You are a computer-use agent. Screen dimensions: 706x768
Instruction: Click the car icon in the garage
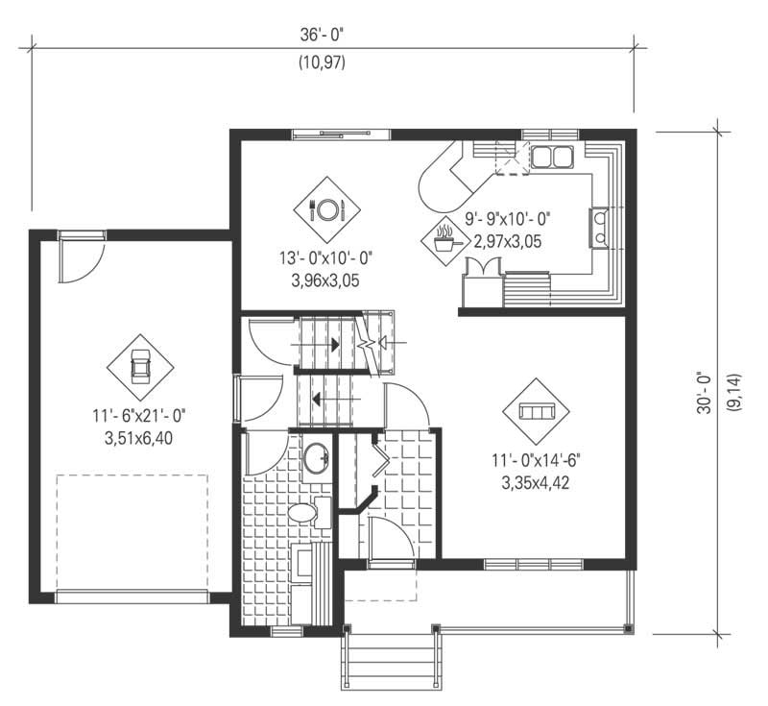pos(140,368)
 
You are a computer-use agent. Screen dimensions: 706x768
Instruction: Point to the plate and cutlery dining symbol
pos(326,209)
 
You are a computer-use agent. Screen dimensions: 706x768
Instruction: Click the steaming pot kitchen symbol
pos(444,236)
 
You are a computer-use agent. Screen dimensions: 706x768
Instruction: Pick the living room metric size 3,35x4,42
pos(536,483)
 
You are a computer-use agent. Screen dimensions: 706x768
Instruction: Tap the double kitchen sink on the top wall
pos(551,157)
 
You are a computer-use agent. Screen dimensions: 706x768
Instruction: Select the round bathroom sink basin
pos(316,460)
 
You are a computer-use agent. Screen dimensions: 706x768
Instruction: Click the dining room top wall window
pos(341,134)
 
